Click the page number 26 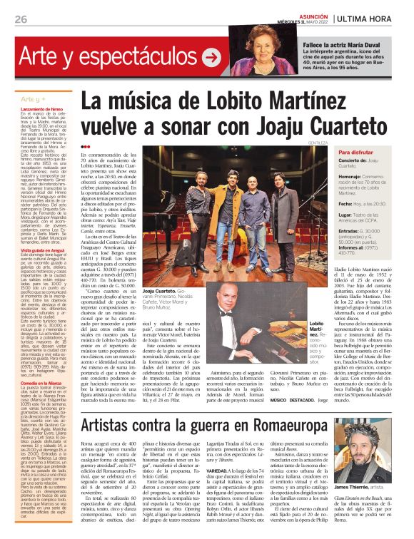pos(20,19)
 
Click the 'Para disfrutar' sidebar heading pos(375,153)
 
